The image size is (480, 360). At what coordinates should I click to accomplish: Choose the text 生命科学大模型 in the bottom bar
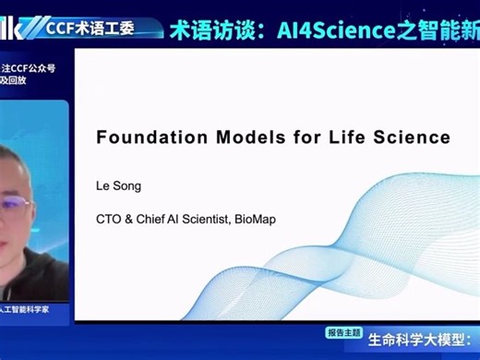pyautogui.click(x=415, y=342)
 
